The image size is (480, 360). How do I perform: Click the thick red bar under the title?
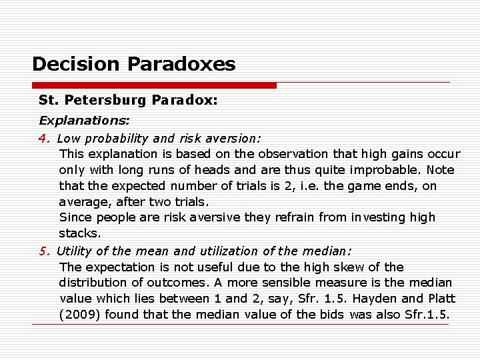154,85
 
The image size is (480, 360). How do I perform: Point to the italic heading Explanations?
84,121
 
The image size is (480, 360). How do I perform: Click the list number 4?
44,139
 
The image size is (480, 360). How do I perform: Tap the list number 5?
44,251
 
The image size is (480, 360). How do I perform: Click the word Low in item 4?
69,139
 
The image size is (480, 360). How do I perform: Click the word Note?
441,170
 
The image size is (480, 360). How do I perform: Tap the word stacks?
79,233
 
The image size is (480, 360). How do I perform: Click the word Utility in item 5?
74,251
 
